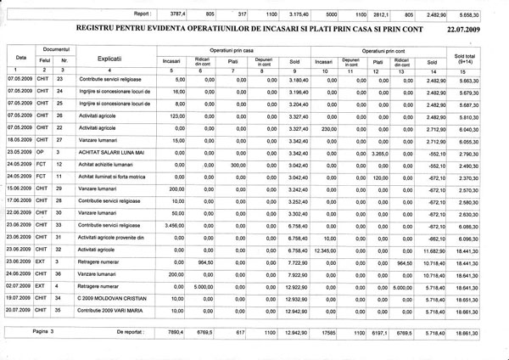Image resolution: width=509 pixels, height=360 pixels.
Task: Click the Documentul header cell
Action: coord(55,52)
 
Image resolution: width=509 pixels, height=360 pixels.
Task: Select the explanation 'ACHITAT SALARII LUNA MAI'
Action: coord(112,153)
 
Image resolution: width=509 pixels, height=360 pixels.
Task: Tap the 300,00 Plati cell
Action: coord(232,165)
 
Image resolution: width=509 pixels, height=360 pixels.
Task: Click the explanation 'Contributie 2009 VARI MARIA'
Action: coord(113,312)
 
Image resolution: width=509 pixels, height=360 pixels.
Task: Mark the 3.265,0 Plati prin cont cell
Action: coord(378,153)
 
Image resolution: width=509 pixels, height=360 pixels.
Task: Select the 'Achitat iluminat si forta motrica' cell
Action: coord(112,177)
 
